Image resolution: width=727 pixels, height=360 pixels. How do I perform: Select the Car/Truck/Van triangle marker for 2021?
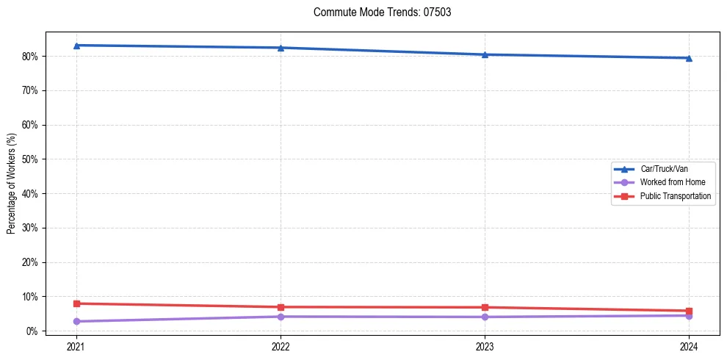76,46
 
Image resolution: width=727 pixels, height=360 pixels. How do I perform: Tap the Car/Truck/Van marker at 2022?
281,48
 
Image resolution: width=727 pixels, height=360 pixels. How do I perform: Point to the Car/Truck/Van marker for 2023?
485,54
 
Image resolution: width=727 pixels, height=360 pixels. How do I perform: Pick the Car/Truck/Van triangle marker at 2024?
689,58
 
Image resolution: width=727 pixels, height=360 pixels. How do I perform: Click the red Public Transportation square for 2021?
76,303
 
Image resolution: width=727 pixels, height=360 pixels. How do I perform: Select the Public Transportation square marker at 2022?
281,307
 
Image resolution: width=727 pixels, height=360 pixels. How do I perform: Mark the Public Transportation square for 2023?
485,307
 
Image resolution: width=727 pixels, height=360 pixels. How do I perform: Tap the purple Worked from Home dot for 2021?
76,321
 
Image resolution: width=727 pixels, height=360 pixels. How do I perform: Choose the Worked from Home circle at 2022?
281,317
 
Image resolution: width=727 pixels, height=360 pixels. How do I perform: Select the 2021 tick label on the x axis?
76,346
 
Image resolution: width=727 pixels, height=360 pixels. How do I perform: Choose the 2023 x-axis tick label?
485,346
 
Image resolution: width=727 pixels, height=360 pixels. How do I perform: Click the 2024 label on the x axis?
689,346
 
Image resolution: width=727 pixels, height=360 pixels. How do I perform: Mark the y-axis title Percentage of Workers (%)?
12,184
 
